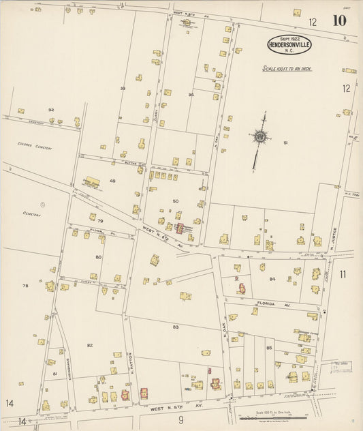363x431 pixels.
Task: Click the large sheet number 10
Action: pos(339,20)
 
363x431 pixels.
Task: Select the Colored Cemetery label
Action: pos(35,145)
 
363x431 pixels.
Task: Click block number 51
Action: pos(286,143)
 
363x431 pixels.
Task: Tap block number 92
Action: pos(51,109)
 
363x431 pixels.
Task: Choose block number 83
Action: pos(176,327)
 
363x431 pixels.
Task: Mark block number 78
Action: pos(25,286)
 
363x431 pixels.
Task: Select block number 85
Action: pos(269,348)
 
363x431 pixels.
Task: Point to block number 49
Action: pos(112,181)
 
